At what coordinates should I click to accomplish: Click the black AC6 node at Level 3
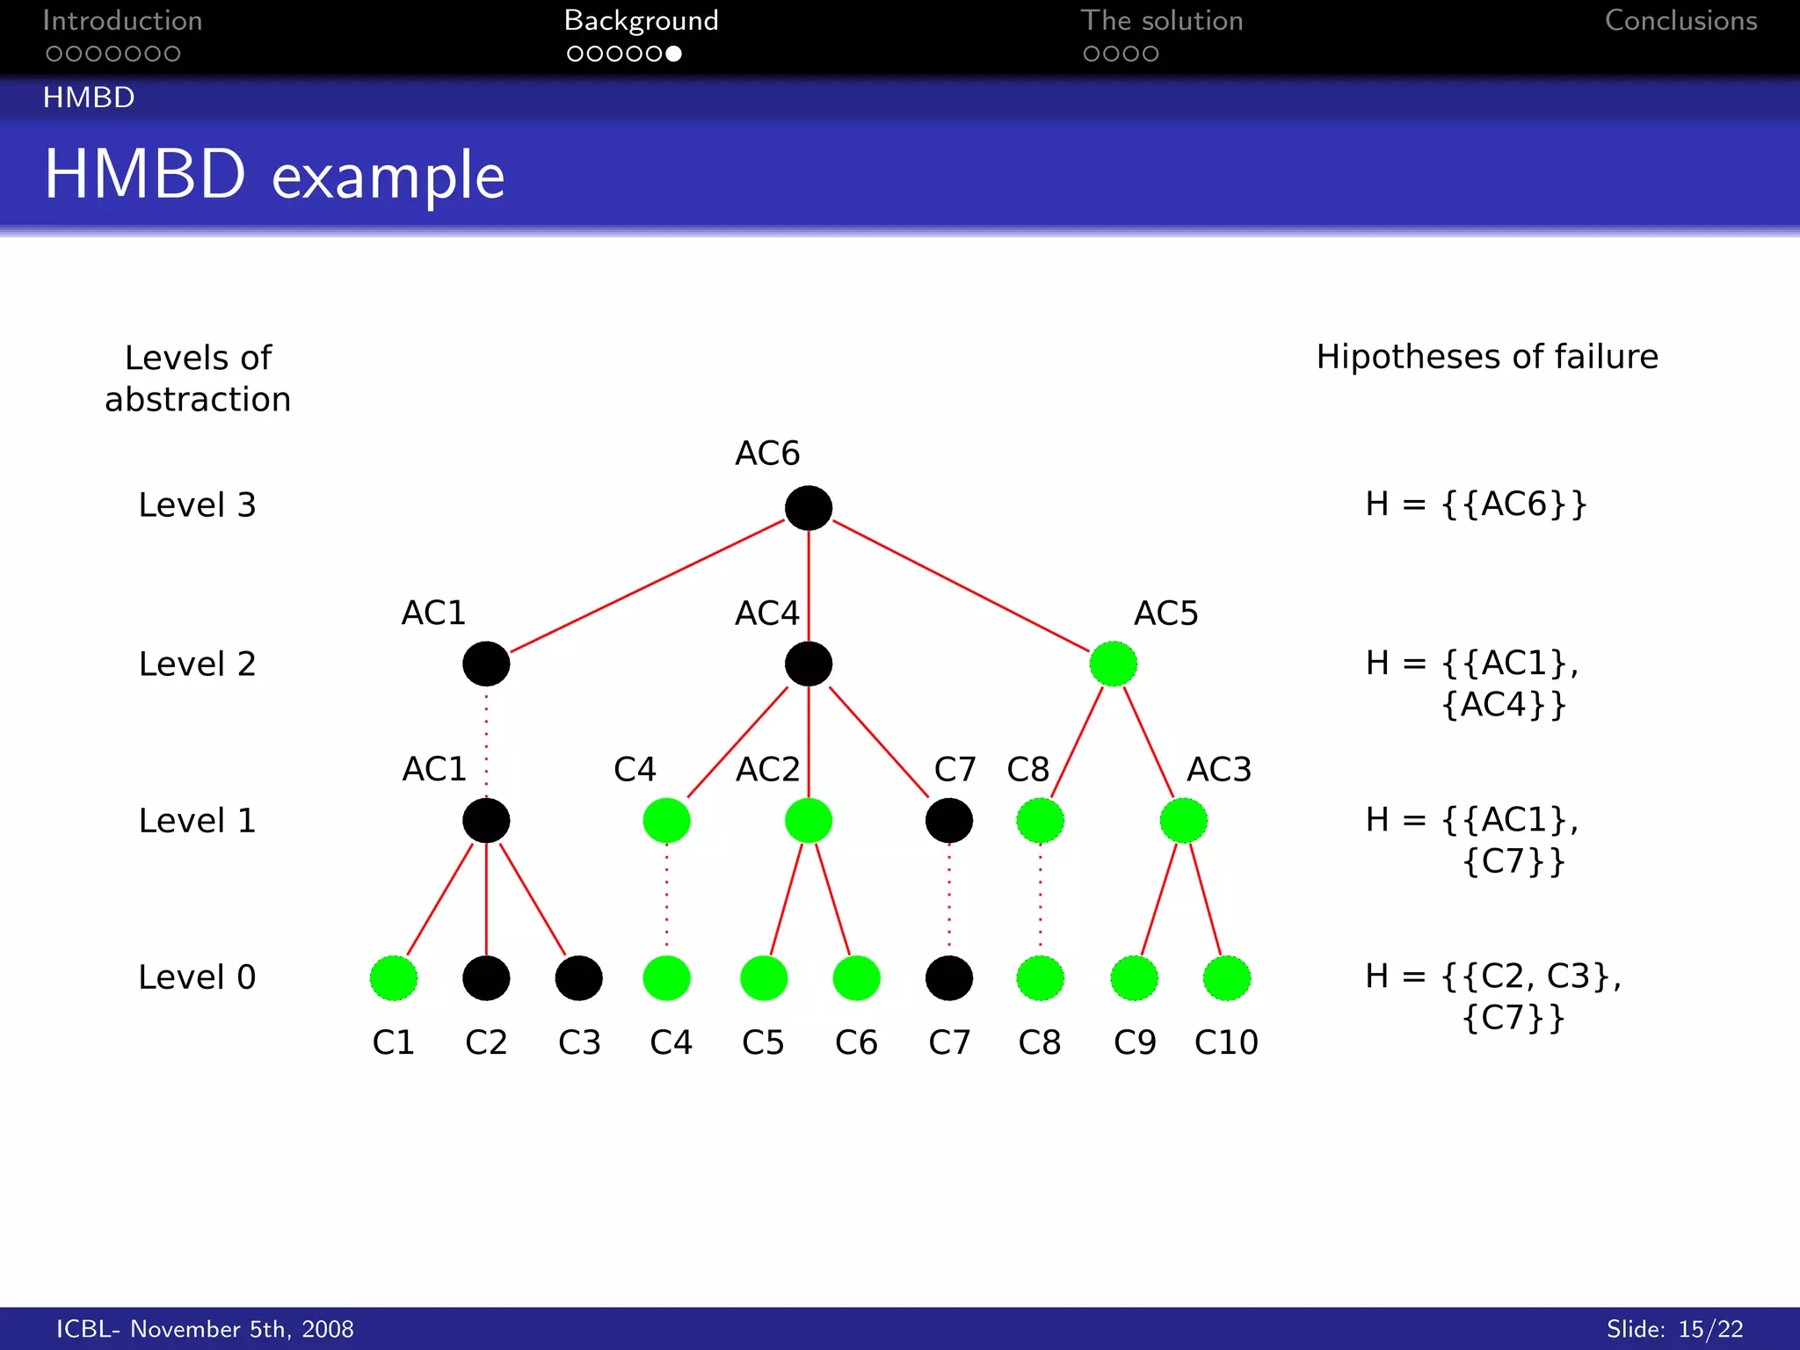(x=808, y=507)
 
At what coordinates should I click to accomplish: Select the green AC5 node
(x=1113, y=664)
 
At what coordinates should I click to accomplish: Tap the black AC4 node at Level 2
(x=808, y=664)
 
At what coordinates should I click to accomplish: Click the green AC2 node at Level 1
(x=808, y=820)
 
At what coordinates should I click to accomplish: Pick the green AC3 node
(x=1183, y=820)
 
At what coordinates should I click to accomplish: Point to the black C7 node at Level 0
(x=948, y=977)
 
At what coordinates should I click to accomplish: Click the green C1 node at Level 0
(x=393, y=977)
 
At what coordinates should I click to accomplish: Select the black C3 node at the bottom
(x=578, y=977)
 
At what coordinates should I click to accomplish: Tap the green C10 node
(x=1226, y=977)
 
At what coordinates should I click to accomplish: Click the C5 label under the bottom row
(x=763, y=1042)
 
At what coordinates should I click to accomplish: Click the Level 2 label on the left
(x=197, y=664)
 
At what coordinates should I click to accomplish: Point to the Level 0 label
(x=197, y=977)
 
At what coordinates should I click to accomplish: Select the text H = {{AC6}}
(x=1476, y=504)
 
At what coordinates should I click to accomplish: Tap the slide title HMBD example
(x=274, y=175)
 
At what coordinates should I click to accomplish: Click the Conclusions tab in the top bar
(x=1680, y=21)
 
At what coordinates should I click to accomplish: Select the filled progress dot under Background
(x=673, y=54)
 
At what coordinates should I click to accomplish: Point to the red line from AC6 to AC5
(x=960, y=585)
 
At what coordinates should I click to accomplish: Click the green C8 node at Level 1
(x=1040, y=820)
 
